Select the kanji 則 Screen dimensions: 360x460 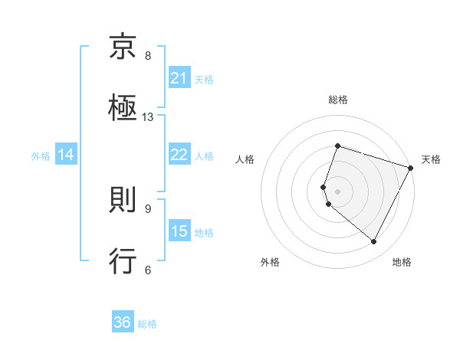123,201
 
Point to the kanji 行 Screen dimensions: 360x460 123,261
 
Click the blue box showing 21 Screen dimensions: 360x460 179,77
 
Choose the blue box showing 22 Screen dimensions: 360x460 179,154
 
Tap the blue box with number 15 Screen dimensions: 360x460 179,231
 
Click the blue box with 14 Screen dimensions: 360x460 66,155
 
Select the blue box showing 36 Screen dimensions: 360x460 123,322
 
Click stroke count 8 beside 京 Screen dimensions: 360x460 148,56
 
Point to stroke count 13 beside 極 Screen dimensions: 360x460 148,117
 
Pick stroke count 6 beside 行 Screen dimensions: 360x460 148,270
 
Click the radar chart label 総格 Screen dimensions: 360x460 338,100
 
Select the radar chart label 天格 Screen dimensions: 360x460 431,159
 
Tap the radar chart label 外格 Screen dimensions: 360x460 270,262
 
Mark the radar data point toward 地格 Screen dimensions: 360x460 374,242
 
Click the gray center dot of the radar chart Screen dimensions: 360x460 338,191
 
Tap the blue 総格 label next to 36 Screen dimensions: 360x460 147,323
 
